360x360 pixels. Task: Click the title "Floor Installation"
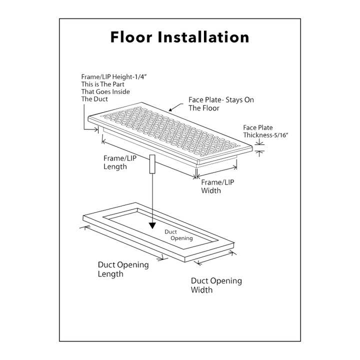tap(180, 37)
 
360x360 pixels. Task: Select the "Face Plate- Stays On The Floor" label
tap(221, 103)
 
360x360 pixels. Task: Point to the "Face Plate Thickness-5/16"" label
tap(264, 131)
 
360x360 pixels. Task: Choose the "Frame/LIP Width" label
tap(217, 186)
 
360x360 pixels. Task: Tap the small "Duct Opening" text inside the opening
tap(178, 235)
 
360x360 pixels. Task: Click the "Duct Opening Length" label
tap(122, 269)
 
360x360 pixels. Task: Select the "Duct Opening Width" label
tap(216, 285)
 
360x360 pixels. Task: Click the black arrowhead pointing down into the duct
tap(151, 224)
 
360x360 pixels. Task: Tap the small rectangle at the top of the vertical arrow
tap(151, 164)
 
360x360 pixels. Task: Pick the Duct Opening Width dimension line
tap(215, 258)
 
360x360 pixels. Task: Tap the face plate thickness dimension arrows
tap(259, 147)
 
